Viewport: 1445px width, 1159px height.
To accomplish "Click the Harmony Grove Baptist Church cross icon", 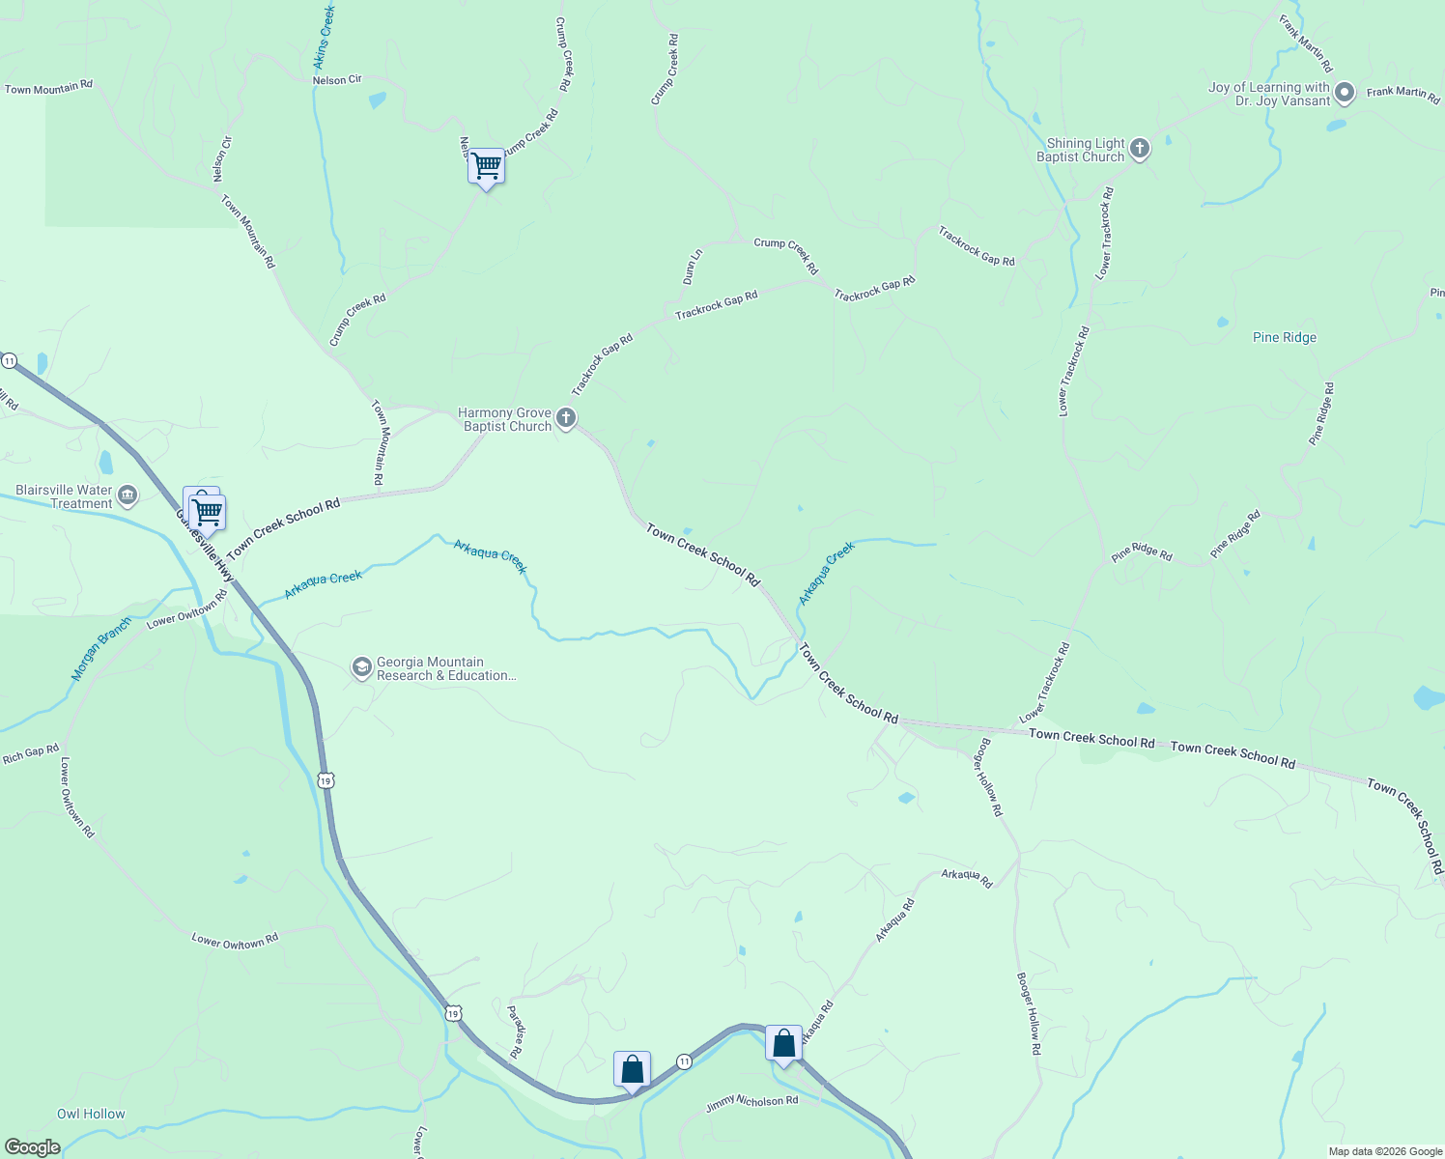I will coord(567,418).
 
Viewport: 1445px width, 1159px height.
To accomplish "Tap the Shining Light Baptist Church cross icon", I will coord(1140,149).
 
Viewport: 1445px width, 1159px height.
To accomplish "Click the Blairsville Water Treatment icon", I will coord(127,496).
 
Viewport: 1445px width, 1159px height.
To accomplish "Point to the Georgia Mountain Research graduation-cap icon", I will coord(361,668).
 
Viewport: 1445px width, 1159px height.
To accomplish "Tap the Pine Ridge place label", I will coord(1284,337).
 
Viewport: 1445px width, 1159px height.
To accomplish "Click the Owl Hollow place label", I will coord(91,1114).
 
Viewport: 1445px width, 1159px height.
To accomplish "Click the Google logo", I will coord(32,1146).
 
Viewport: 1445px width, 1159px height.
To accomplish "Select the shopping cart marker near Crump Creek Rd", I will coord(486,167).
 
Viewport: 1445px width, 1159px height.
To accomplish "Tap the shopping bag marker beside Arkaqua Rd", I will coord(783,1044).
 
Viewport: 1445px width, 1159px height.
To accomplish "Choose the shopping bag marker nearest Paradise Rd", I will coord(632,1070).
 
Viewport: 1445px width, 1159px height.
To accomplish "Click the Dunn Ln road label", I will coord(692,267).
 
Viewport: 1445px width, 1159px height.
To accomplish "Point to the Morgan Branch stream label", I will coord(100,649).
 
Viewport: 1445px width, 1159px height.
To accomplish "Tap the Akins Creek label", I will coord(324,38).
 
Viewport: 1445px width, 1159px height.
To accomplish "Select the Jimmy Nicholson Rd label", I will coord(751,1103).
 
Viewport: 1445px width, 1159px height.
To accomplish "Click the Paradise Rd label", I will coord(516,1031).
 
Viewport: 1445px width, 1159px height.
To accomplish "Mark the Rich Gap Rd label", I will coord(31,753).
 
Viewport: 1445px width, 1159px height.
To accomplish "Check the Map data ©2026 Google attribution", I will coord(1384,1151).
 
